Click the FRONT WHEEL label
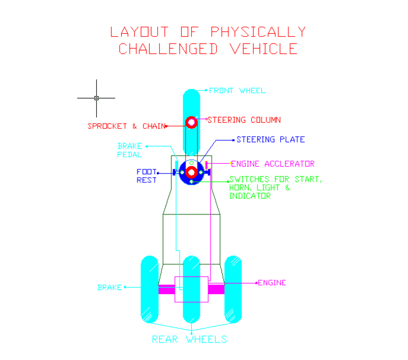click(237, 90)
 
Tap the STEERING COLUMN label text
click(244, 120)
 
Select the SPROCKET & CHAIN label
click(126, 126)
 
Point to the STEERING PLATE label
click(270, 140)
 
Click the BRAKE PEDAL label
click(129, 150)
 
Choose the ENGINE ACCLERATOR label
click(273, 164)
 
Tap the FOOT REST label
click(146, 176)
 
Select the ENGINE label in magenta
click(272, 283)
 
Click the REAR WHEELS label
click(189, 339)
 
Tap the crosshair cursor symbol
click(96, 98)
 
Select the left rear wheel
click(150, 289)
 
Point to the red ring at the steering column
click(191, 123)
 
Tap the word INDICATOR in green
click(250, 196)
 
